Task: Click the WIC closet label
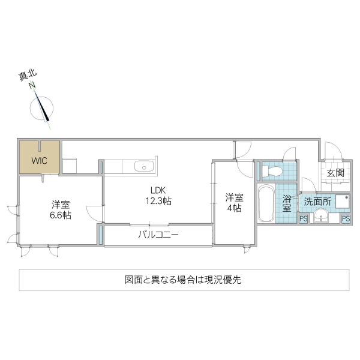point(39,160)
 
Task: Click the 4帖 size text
point(234,208)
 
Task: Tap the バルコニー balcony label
point(158,234)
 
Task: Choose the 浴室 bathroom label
point(287,203)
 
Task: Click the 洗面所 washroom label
point(316,202)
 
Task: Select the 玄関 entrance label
point(335,173)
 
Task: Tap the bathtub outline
point(266,203)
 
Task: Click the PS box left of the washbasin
point(304,219)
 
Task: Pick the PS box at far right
point(346,219)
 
